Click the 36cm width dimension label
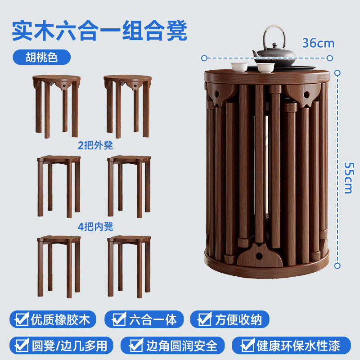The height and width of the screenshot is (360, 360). [318, 43]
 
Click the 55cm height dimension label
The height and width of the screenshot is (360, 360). [349, 178]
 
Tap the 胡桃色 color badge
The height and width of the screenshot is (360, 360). [41, 57]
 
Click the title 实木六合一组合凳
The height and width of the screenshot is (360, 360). [99, 31]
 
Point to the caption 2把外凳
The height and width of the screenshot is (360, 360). [95, 145]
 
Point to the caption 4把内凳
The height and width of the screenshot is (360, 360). [95, 227]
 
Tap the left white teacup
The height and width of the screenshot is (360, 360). [239, 67]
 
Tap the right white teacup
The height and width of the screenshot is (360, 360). [266, 68]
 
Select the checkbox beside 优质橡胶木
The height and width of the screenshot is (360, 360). [22, 319]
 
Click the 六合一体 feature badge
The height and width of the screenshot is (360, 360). [144, 319]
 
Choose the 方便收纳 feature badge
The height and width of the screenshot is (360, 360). [229, 319]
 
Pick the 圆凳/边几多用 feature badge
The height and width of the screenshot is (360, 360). [61, 345]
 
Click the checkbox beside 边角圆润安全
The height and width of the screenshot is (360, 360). [136, 345]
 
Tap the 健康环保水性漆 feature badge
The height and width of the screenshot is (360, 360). [291, 345]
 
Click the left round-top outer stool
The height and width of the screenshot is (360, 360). [57, 106]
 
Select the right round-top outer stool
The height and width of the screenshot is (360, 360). [127, 106]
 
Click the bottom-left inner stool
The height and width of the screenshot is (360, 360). [59, 266]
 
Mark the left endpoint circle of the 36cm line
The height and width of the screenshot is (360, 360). [204, 58]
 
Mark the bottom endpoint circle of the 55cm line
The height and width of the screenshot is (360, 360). [337, 266]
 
